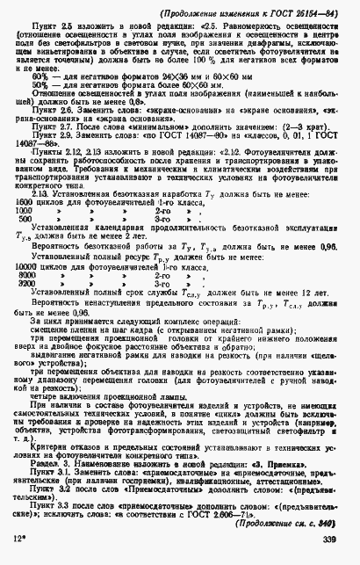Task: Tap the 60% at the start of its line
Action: tap(40, 76)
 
